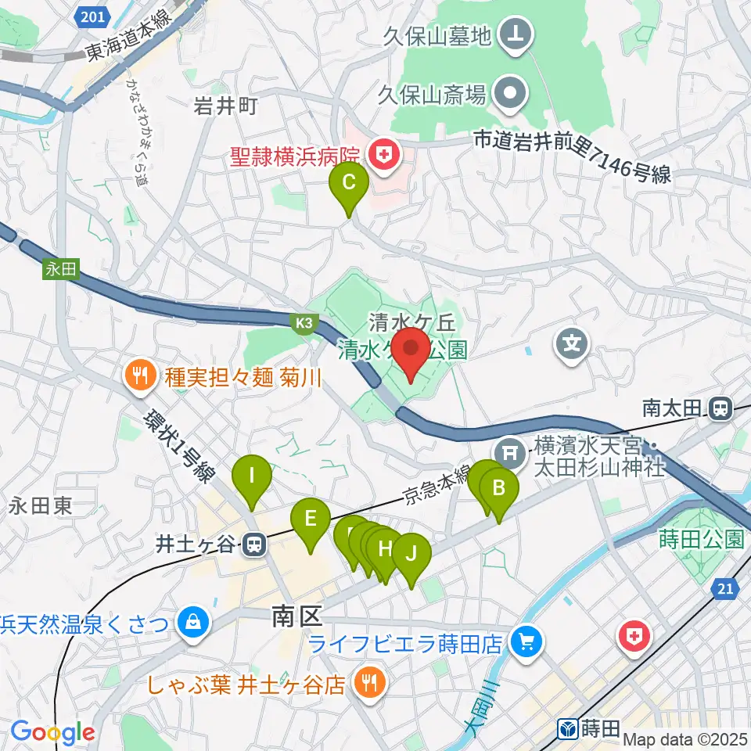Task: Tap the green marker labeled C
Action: [x=349, y=186]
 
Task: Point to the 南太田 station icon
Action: [x=720, y=407]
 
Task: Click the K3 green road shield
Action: [x=304, y=322]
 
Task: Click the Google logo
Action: [x=52, y=732]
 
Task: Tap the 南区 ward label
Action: [x=297, y=616]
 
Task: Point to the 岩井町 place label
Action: [x=225, y=106]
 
